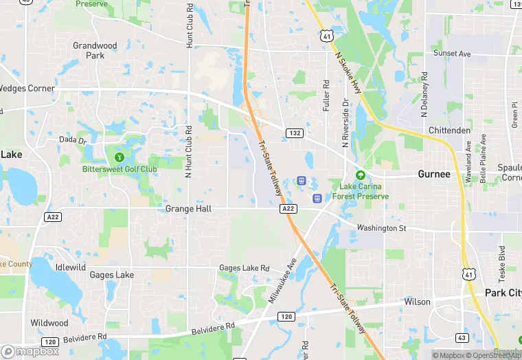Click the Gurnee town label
[x=434, y=175]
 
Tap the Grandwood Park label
[x=95, y=50]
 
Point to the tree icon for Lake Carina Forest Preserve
[x=360, y=175]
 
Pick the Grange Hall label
[x=188, y=208]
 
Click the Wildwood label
[x=49, y=323]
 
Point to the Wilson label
[x=417, y=302]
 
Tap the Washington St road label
[x=381, y=228]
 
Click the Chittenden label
[x=450, y=131]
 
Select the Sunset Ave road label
[x=452, y=54]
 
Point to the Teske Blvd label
[x=502, y=262]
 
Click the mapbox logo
[x=30, y=351]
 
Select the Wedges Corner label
[x=26, y=88]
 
